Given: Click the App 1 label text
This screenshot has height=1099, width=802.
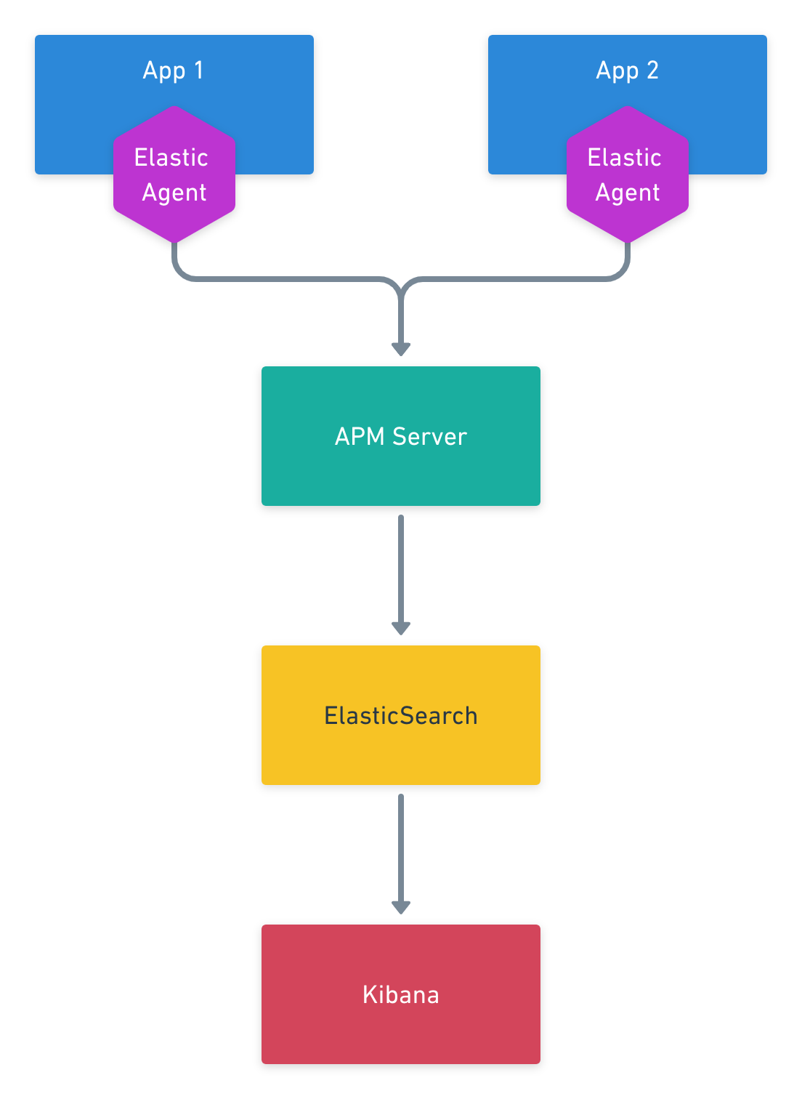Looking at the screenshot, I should pyautogui.click(x=173, y=71).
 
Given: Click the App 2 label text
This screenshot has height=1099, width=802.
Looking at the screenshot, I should pyautogui.click(x=626, y=71).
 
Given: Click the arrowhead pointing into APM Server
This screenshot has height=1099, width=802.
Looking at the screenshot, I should pyautogui.click(x=401, y=349).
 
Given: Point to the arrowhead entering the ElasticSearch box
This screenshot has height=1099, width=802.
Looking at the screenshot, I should pyautogui.click(x=401, y=628).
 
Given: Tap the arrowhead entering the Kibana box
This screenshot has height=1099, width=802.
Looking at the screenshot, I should pyautogui.click(x=401, y=907).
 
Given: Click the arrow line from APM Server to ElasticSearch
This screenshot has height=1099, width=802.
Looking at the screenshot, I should pyautogui.click(x=401, y=567).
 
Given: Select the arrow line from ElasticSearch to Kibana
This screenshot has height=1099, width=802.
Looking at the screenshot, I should pyautogui.click(x=401, y=847).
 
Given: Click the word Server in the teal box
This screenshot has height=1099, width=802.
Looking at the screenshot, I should pyautogui.click(x=429, y=436).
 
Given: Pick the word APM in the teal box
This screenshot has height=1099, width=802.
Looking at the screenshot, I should pyautogui.click(x=359, y=436).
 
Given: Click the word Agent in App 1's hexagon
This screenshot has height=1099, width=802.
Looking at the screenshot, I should pyautogui.click(x=174, y=193).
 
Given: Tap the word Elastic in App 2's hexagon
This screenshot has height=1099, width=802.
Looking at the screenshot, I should pyautogui.click(x=624, y=158).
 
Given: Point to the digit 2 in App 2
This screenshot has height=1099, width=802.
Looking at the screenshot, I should pyautogui.click(x=652, y=71).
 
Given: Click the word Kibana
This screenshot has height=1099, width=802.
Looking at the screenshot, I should pyautogui.click(x=400, y=994).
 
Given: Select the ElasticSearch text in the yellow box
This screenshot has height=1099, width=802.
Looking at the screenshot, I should pyautogui.click(x=400, y=715).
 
